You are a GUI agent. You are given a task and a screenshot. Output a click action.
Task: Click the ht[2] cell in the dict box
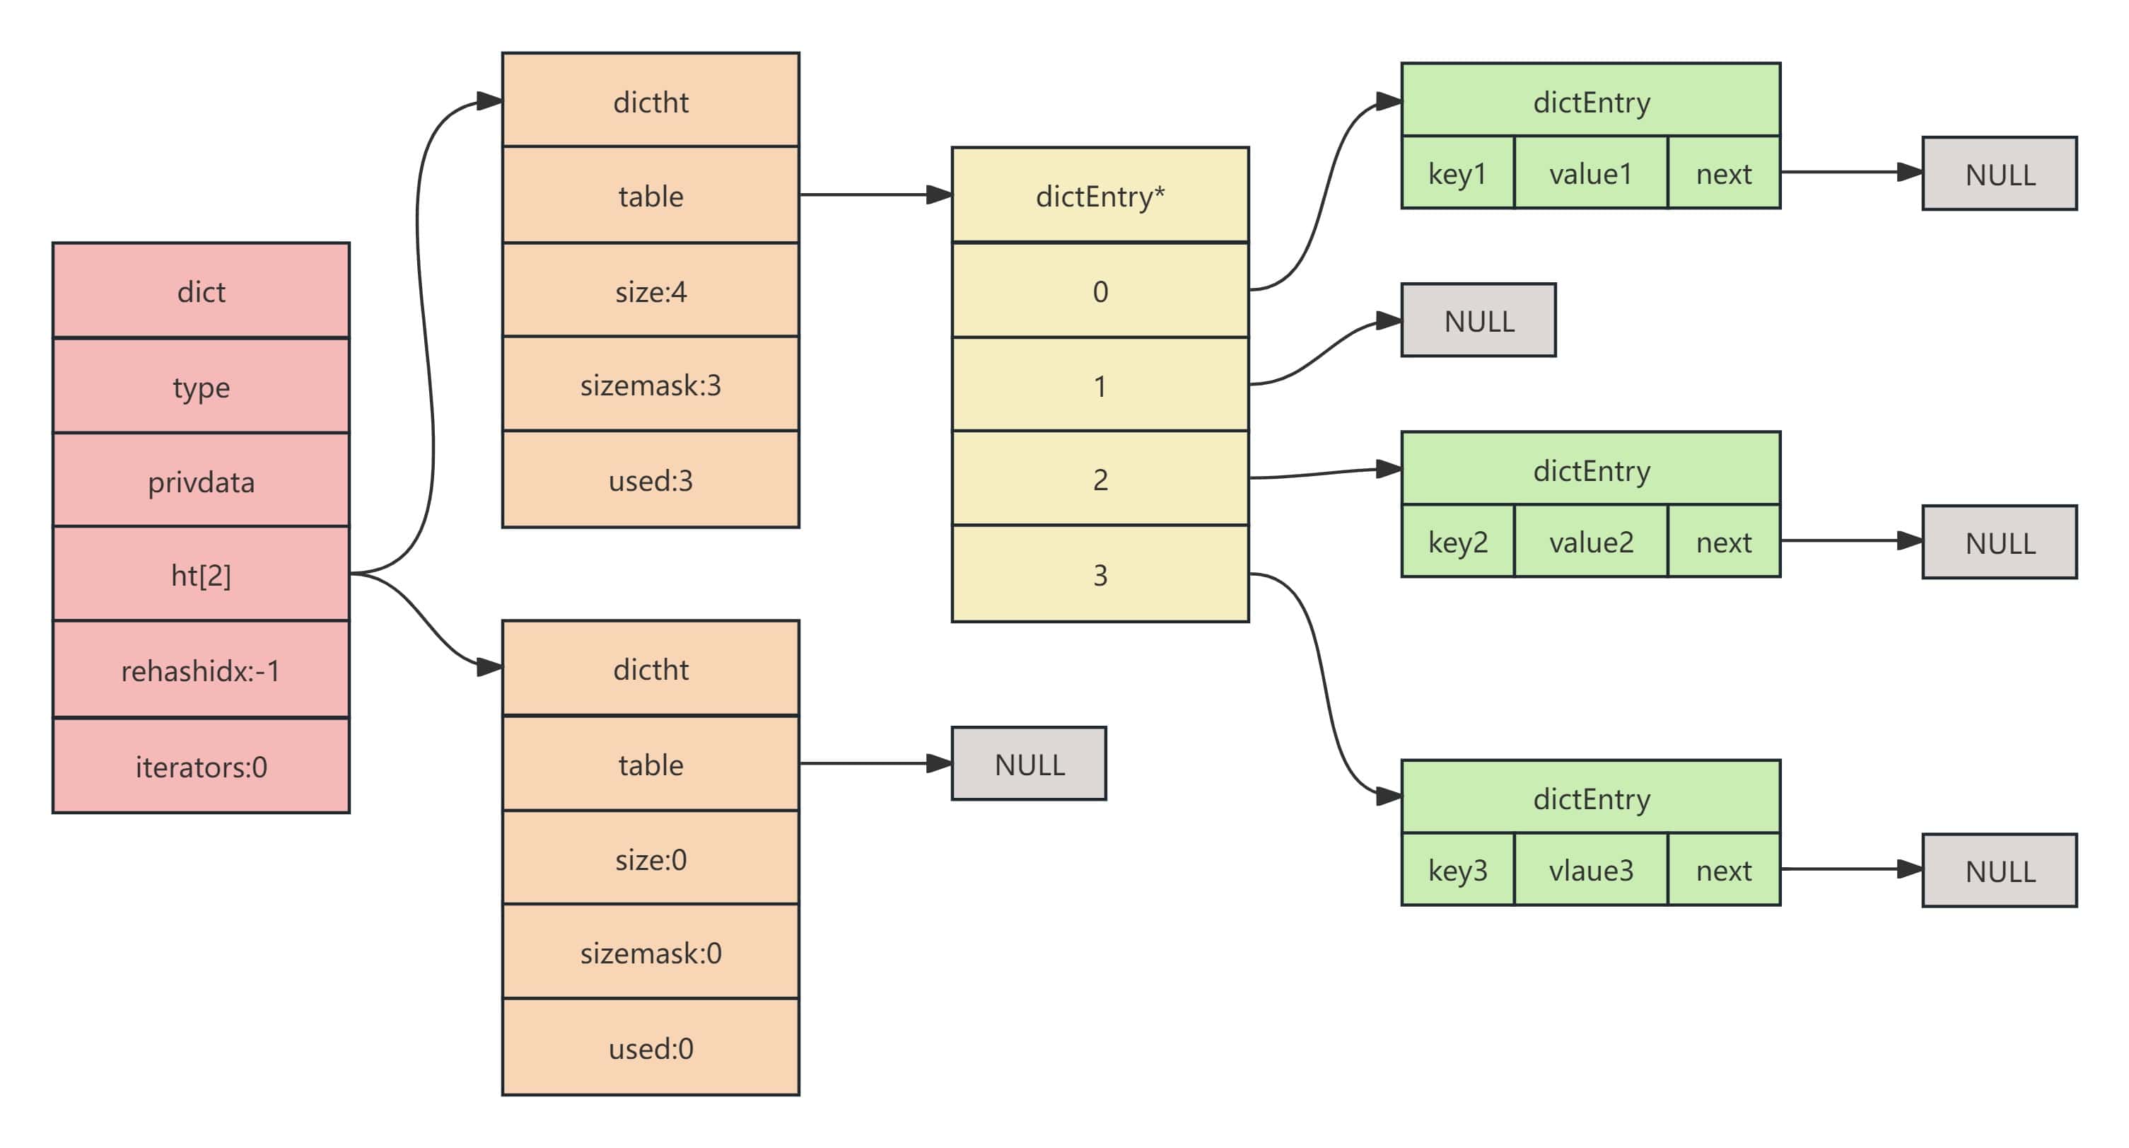(x=201, y=574)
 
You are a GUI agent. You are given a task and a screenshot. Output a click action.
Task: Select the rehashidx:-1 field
(x=201, y=669)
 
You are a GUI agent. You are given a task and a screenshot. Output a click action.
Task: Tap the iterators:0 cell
(x=201, y=766)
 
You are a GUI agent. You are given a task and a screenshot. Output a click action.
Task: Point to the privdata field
(x=201, y=480)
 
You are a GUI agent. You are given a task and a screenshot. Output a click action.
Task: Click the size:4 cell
(x=651, y=290)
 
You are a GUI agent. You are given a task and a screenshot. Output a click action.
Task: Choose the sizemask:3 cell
(x=651, y=384)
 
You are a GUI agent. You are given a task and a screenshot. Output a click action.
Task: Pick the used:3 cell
(x=651, y=480)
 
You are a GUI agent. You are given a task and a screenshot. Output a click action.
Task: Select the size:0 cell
(x=651, y=858)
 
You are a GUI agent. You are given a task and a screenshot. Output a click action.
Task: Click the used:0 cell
(x=651, y=1047)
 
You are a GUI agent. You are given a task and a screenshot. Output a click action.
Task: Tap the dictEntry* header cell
(x=1100, y=195)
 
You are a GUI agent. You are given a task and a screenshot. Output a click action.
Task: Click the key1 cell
(x=1458, y=173)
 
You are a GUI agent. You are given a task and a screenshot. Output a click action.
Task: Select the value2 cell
(x=1591, y=541)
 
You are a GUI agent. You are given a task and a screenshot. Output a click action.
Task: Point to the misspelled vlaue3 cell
(x=1591, y=869)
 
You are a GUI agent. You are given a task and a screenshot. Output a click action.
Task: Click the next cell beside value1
(x=1724, y=173)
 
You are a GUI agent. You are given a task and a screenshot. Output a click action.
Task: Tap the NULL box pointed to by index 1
(x=1478, y=320)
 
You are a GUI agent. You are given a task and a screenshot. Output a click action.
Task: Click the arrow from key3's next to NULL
(x=1851, y=869)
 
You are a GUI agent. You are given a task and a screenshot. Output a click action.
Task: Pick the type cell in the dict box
(x=201, y=386)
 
